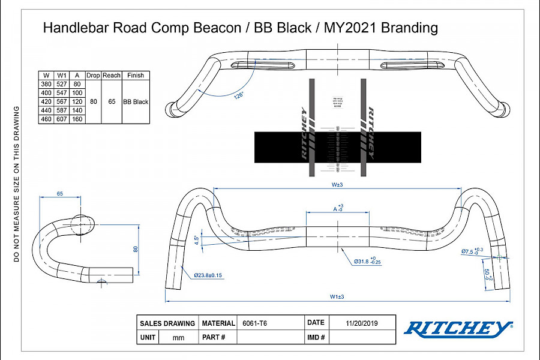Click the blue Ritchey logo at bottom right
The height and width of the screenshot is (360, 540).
pos(458,328)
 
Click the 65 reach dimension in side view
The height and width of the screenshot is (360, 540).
pos(60,194)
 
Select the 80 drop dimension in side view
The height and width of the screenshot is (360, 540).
pos(136,249)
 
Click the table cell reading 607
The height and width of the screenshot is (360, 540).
pos(62,119)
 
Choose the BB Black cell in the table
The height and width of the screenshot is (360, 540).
pos(136,102)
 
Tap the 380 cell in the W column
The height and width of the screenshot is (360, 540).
pos(45,85)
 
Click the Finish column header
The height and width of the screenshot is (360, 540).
pos(136,76)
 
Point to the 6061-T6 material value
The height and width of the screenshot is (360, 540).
pos(254,323)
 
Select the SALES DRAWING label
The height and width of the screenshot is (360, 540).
pos(167,323)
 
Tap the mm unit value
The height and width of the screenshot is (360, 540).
pos(178,337)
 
